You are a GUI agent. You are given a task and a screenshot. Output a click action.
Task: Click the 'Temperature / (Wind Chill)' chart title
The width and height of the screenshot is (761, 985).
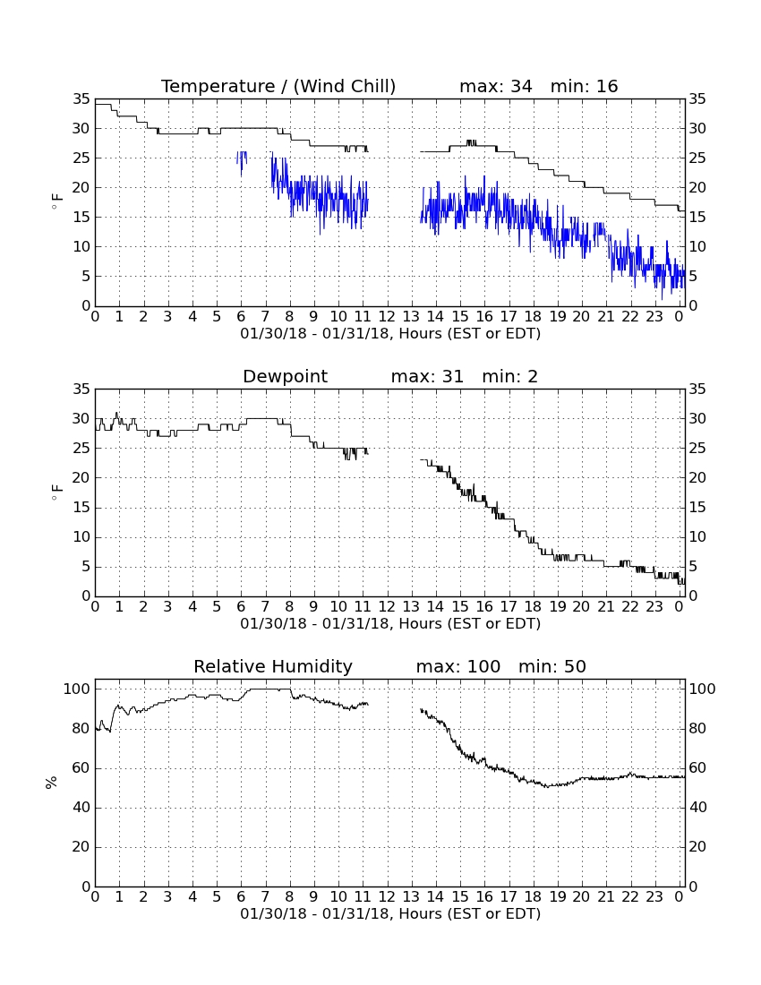click(278, 86)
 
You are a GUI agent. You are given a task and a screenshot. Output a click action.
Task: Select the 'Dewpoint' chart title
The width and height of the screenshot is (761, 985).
click(285, 376)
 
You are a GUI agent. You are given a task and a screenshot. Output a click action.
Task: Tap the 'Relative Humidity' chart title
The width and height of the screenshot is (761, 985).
click(273, 666)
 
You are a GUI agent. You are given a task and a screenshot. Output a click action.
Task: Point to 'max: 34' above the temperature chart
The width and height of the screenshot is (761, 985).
click(496, 86)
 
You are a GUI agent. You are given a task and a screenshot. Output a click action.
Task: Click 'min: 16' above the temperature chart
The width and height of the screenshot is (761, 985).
click(585, 86)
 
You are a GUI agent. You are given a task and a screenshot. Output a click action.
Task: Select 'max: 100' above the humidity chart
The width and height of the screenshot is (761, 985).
click(458, 666)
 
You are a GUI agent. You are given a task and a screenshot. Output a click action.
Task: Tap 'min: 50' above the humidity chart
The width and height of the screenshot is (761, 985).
click(552, 666)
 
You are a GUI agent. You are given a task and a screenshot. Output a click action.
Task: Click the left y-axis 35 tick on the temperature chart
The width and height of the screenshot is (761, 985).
click(81, 98)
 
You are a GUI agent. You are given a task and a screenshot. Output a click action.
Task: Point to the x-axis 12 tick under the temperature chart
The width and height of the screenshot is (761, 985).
click(387, 317)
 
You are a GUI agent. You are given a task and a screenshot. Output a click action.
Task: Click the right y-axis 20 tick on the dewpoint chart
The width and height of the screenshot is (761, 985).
click(697, 478)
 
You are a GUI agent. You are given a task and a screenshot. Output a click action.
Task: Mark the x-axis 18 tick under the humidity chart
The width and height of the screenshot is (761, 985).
click(533, 897)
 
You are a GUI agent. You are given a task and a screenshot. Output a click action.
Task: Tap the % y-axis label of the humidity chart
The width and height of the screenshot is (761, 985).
click(52, 782)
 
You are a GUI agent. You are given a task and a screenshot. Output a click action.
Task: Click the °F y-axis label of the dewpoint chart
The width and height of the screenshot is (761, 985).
click(57, 492)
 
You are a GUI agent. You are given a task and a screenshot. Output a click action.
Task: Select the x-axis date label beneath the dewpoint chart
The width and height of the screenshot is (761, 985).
click(390, 624)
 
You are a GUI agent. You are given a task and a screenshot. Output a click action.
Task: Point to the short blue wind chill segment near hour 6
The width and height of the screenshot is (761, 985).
click(242, 161)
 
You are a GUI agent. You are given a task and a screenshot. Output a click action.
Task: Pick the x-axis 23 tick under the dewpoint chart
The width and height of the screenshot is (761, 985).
click(654, 607)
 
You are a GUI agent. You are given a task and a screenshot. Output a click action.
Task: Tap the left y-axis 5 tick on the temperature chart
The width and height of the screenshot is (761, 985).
click(86, 277)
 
